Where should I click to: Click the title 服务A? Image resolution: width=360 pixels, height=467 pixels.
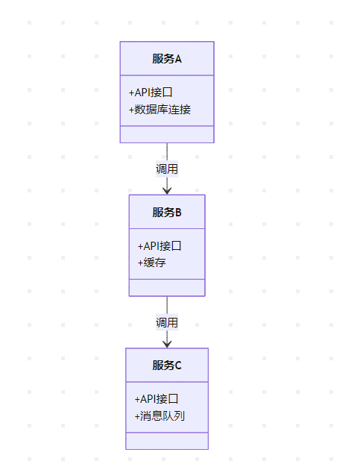[167, 59]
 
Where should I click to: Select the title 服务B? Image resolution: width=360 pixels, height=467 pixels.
[167, 213]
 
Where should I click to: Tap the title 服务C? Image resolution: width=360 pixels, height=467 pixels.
[167, 365]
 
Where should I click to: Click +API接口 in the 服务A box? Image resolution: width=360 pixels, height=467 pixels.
[151, 93]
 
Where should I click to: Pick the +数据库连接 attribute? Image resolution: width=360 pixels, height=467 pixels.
[160, 110]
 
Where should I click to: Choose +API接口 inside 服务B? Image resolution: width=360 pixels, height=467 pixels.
[160, 246]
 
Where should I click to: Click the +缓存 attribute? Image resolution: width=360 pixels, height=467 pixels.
[151, 263]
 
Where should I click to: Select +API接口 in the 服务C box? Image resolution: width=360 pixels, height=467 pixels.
[157, 399]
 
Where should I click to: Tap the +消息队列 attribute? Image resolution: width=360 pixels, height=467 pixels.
[160, 416]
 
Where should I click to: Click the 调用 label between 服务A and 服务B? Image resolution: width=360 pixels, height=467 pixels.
[167, 169]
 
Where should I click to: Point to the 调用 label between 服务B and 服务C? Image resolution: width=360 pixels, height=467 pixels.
[167, 322]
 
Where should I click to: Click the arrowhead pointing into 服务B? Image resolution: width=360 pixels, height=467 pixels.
[167, 191]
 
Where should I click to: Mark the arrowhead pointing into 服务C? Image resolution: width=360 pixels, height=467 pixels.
[167, 345]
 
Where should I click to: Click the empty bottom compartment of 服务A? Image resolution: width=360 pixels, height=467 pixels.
[167, 134]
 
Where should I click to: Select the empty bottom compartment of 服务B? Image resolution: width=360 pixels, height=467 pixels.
[167, 288]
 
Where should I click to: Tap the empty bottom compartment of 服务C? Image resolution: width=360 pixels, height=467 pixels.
[167, 441]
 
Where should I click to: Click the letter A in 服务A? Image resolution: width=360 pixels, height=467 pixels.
[178, 59]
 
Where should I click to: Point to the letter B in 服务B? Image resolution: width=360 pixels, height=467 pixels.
[178, 213]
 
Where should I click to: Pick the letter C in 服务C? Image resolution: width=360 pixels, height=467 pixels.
[178, 366]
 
